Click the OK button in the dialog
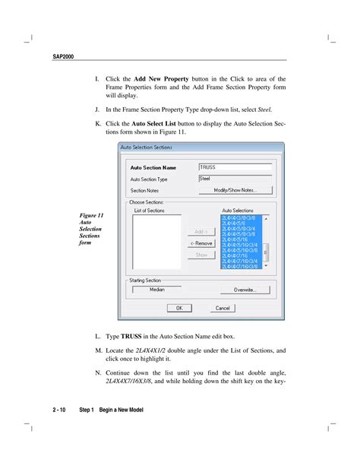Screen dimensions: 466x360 (179, 308)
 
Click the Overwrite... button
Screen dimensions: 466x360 (239, 290)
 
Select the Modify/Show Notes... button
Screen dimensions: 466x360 (235, 190)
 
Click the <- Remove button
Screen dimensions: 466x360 (201, 243)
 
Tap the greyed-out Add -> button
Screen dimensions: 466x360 (201, 231)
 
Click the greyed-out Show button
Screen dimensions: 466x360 (201, 255)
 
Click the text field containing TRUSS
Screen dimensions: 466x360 (235, 167)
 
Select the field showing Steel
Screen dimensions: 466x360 (235, 179)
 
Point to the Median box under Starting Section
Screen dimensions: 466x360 (156, 290)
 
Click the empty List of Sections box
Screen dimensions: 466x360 (156, 242)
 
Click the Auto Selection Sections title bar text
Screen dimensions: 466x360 (147, 147)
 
